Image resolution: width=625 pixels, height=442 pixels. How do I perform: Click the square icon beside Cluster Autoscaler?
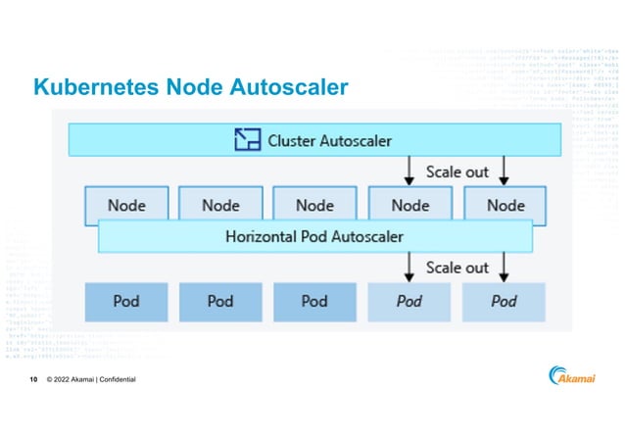pyautogui.click(x=249, y=140)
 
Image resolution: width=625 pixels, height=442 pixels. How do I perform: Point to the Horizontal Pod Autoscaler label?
pyautogui.click(x=314, y=236)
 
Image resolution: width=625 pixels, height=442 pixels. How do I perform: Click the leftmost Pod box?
pyautogui.click(x=126, y=301)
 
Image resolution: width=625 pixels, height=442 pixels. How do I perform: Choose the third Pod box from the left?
pyautogui.click(x=314, y=301)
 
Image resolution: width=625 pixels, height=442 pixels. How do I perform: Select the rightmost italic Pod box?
pyautogui.click(x=505, y=301)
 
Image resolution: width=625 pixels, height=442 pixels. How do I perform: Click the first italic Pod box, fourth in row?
pyautogui.click(x=409, y=301)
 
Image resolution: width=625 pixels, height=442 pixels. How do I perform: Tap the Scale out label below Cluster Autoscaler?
pyautogui.click(x=457, y=172)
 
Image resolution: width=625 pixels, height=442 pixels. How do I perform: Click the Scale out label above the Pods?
pyautogui.click(x=457, y=267)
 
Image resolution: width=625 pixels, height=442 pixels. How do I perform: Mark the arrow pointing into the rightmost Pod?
pyautogui.click(x=504, y=267)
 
